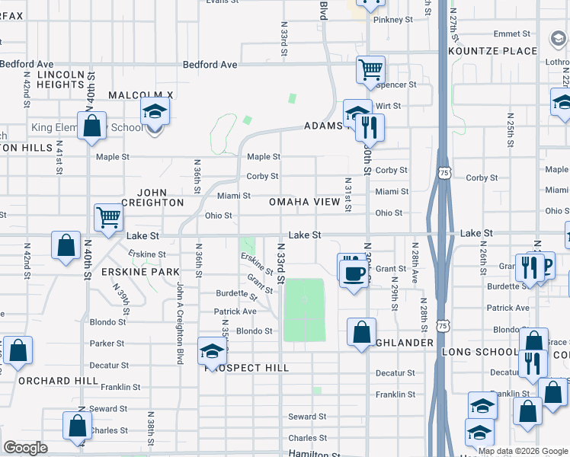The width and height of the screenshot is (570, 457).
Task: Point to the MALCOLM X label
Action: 141,95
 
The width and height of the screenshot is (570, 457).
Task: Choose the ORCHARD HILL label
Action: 58,380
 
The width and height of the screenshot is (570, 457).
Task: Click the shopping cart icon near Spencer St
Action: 370,70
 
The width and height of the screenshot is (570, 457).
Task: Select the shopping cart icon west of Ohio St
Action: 108,218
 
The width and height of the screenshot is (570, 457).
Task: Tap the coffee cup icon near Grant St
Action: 353,273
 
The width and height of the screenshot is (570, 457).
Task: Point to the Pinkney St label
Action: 392,20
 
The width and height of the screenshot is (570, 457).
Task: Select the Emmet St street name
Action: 511,34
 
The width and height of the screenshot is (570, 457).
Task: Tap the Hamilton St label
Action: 307,453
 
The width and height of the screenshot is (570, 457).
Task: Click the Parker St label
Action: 107,344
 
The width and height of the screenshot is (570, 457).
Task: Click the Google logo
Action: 26,448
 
